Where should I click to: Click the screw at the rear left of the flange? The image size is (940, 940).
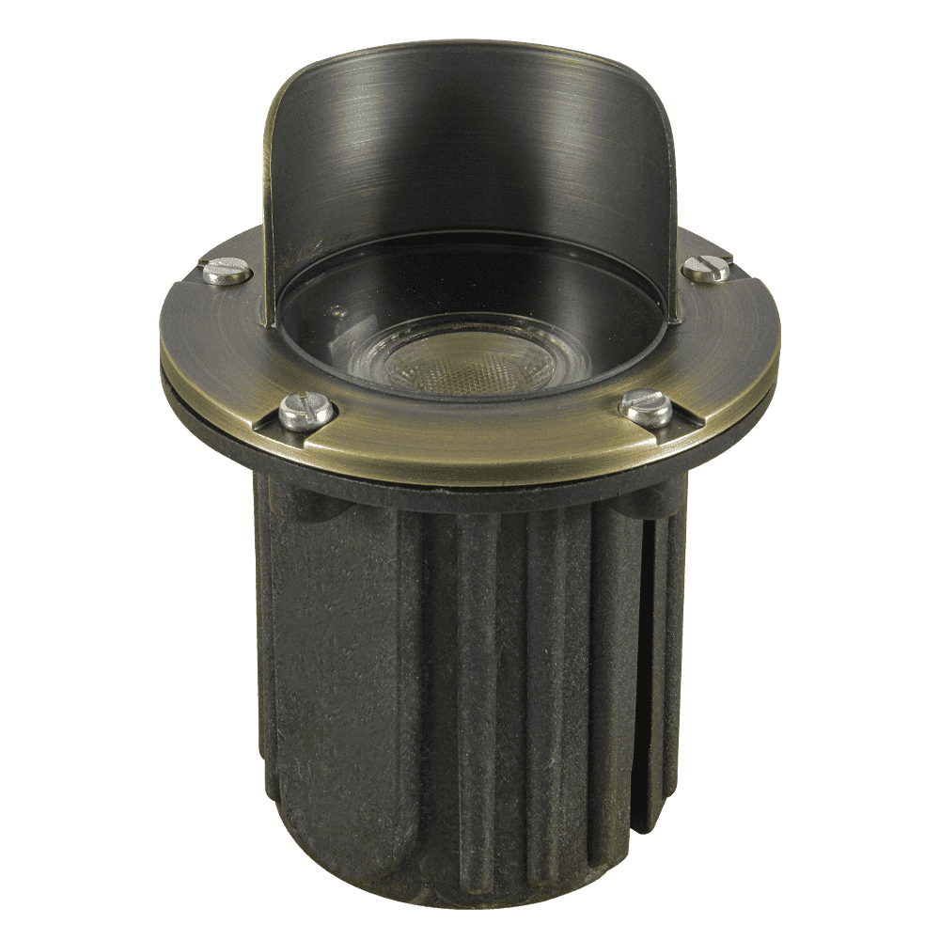(227, 273)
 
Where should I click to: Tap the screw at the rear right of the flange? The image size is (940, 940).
(705, 269)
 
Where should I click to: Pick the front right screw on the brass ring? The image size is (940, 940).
(648, 406)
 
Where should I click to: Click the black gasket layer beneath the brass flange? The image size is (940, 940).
(470, 498)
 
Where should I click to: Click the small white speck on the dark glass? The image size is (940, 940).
(335, 305)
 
